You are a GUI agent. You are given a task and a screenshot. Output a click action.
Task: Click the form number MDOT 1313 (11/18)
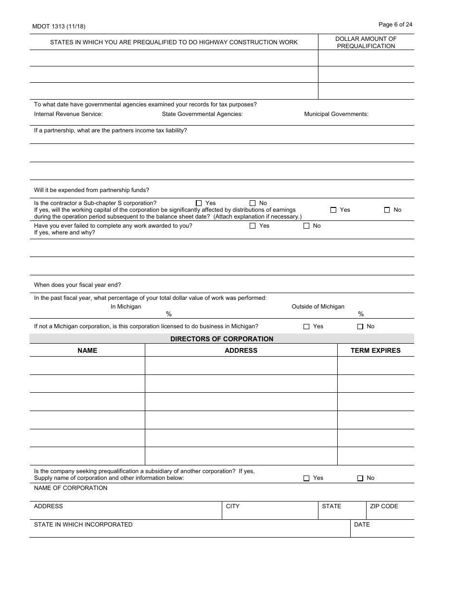click(x=59, y=26)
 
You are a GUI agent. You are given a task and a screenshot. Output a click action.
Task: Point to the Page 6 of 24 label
click(x=395, y=25)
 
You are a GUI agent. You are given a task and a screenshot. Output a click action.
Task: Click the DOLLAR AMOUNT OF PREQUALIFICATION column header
click(x=366, y=42)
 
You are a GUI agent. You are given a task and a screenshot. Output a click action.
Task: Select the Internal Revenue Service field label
click(x=68, y=114)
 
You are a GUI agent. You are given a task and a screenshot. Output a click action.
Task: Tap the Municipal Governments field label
click(x=336, y=114)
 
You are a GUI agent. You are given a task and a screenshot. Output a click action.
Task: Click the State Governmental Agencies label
click(x=202, y=114)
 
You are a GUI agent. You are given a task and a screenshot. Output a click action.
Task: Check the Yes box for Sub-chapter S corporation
click(x=199, y=203)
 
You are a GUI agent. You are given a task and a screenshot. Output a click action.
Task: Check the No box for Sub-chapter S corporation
click(x=253, y=203)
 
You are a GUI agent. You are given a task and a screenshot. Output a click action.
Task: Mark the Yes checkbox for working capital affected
click(x=333, y=210)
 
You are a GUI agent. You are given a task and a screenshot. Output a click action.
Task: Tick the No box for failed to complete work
click(x=306, y=226)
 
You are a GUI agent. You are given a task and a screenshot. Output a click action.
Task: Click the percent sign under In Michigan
click(x=169, y=314)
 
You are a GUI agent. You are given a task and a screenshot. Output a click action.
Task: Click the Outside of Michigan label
click(x=317, y=307)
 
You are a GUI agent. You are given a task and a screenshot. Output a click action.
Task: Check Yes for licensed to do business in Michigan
click(x=306, y=326)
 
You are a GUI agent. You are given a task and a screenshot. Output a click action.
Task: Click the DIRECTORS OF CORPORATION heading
click(x=222, y=339)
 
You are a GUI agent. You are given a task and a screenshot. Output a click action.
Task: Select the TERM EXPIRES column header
click(x=375, y=350)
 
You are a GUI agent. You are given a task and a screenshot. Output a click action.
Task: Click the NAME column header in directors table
click(x=87, y=350)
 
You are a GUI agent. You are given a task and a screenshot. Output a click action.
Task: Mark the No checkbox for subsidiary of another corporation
click(x=360, y=478)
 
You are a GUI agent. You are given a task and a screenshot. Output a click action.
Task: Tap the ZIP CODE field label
click(x=384, y=506)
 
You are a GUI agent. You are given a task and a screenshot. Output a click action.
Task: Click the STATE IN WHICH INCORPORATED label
click(x=83, y=525)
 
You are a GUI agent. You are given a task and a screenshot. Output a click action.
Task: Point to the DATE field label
click(x=362, y=525)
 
